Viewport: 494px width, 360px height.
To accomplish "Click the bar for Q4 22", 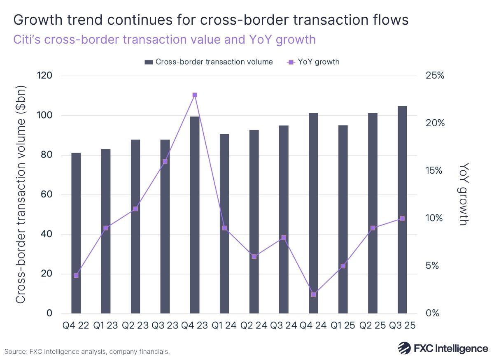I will point(76,233).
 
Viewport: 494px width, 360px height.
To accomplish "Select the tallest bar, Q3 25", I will point(402,210).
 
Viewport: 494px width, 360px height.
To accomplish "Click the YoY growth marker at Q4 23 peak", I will point(195,95).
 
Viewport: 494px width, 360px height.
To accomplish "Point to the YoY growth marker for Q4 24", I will point(313,295).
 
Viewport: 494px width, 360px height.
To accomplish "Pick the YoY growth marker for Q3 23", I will point(165,161).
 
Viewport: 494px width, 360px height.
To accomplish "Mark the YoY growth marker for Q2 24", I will point(254,256).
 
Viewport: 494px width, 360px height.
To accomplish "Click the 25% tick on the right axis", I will point(435,76).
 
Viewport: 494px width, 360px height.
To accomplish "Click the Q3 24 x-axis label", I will point(284,325).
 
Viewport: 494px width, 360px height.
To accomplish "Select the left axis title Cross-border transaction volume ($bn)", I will point(21,194).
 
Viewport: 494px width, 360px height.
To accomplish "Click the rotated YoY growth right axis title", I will point(464,194).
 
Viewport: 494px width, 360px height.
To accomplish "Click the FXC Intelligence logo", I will point(443,348).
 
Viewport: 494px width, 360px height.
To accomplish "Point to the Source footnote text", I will point(87,352).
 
